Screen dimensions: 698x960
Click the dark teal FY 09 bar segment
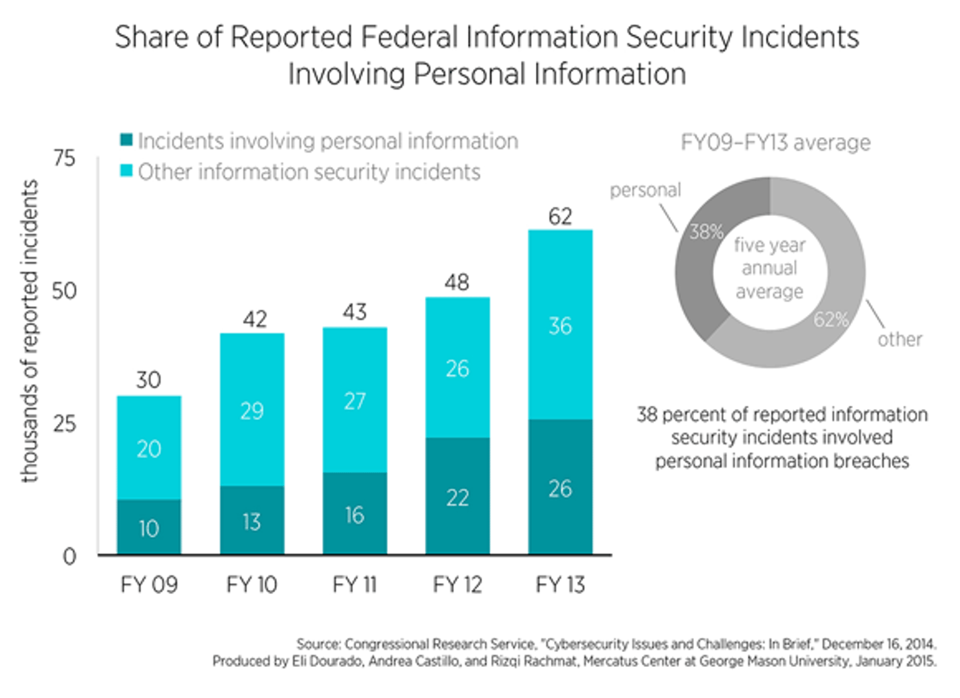tap(148, 527)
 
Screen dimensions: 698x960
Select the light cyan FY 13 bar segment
tap(560, 324)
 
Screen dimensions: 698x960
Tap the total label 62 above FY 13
tap(560, 217)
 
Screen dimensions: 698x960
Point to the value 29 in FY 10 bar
tap(252, 410)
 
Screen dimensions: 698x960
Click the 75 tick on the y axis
tap(64, 158)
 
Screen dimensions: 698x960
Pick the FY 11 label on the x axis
tap(354, 584)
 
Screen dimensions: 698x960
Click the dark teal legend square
tap(127, 140)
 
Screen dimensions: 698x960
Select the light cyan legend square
tap(127, 171)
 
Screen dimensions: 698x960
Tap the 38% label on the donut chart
tap(706, 231)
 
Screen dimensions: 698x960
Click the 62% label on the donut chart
tap(831, 319)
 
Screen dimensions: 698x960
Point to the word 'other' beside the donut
tap(899, 339)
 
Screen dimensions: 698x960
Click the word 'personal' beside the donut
tap(645, 190)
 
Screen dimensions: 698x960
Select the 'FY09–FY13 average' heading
tap(775, 142)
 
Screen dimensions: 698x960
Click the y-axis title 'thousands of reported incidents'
tap(30, 331)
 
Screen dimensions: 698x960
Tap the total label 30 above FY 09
tap(148, 380)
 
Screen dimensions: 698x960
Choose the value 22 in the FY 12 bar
tap(457, 498)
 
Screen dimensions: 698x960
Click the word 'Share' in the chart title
tap(152, 37)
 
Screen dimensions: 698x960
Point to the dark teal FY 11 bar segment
tap(354, 514)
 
